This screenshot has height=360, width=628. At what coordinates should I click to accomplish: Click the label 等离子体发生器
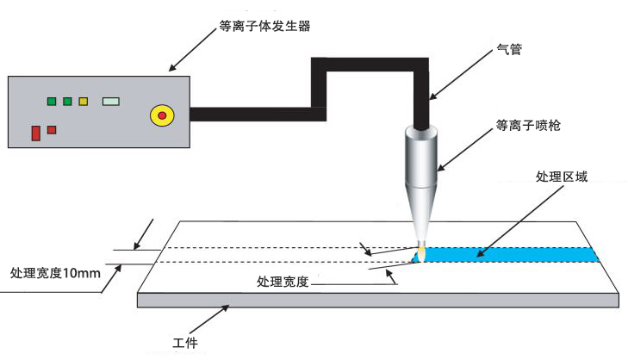pos(264,27)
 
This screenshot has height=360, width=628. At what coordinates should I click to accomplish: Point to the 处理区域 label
pos(562,177)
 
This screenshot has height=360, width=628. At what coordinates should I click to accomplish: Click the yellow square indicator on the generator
pos(84,102)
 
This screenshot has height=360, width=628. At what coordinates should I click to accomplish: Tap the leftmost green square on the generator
pos(52,102)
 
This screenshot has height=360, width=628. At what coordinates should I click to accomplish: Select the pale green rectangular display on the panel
pos(111,102)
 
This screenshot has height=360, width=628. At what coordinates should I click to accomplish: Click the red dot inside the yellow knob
pos(161,115)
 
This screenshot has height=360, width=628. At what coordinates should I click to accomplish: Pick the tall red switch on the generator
pos(36,133)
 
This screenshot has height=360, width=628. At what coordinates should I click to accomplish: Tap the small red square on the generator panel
pos(53,130)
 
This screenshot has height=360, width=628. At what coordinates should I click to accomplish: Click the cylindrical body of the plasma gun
pos(421,159)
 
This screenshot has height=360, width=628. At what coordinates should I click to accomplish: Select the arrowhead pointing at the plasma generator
pos(171,68)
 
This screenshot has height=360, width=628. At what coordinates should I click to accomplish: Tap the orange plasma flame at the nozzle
pos(421,253)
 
